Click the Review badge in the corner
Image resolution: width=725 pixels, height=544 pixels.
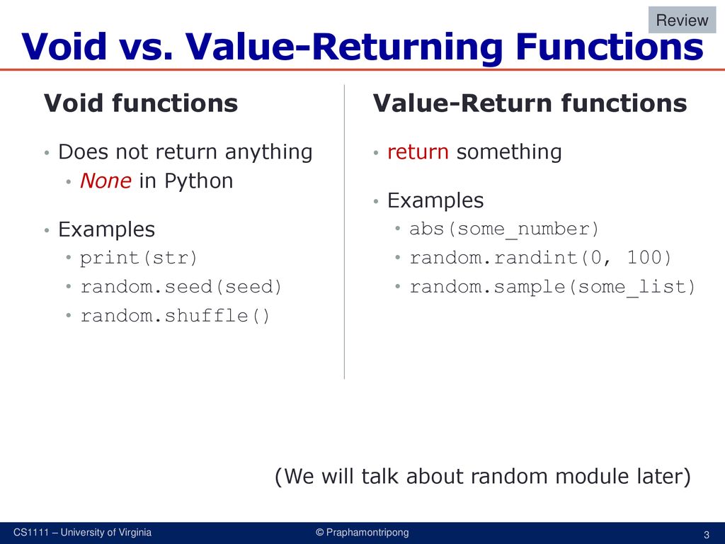[682, 20]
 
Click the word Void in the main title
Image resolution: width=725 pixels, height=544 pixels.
[64, 46]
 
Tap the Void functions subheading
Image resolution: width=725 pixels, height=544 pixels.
[141, 103]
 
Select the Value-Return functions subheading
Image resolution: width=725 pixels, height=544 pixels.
[530, 103]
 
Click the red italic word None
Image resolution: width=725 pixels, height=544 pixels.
[105, 181]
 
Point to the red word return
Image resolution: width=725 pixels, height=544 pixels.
[418, 152]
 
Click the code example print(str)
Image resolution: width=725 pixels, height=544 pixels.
[138, 258]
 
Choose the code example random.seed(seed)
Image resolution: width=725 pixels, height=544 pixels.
[181, 287]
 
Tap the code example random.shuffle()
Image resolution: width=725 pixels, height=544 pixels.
[175, 315]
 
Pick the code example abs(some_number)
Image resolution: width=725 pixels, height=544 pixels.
[504, 229]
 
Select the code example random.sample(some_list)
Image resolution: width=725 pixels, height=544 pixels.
[552, 287]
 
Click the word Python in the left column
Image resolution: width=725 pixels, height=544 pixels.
[198, 181]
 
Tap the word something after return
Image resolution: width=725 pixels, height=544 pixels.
[509, 152]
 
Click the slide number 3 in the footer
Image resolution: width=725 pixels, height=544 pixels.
[706, 535]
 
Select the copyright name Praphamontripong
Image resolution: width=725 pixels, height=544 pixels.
[367, 533]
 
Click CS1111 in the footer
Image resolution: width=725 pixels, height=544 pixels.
[30, 533]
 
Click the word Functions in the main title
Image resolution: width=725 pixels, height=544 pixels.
[610, 46]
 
